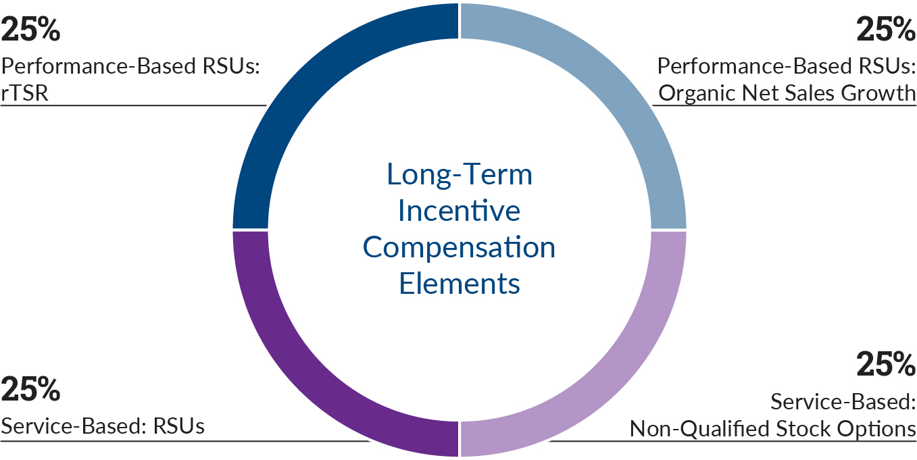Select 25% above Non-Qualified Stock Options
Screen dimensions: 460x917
point(885,365)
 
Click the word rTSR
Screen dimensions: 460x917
point(26,93)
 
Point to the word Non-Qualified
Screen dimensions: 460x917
point(699,428)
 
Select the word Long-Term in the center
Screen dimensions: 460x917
point(460,175)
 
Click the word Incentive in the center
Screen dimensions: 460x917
point(460,211)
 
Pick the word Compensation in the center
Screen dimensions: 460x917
point(460,247)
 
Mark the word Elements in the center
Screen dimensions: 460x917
point(460,283)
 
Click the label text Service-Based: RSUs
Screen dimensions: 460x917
point(103,427)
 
